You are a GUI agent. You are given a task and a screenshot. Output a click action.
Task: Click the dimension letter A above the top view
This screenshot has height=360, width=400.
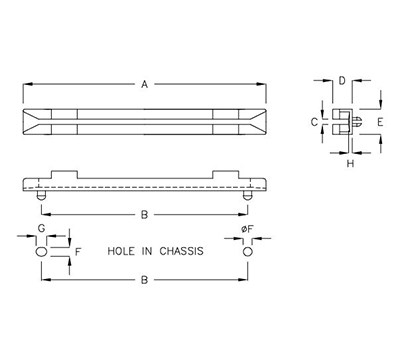coord(145,85)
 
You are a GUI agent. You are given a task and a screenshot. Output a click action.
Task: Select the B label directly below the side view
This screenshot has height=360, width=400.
coord(145,213)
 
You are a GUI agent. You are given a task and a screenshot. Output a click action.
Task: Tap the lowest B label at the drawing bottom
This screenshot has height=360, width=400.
coord(145,284)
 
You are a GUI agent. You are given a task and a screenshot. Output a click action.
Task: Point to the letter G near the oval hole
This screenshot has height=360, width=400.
coord(41,231)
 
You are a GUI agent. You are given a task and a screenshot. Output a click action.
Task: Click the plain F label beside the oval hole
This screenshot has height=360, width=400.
coord(78,253)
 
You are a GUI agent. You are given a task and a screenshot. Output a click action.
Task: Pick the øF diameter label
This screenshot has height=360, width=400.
coord(246,233)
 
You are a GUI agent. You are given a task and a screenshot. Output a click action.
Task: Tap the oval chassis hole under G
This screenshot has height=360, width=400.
coord(41,253)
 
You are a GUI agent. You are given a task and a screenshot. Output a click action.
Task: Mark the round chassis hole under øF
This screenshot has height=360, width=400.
coord(246,253)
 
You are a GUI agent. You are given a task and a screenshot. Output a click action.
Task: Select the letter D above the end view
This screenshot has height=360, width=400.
coord(341,80)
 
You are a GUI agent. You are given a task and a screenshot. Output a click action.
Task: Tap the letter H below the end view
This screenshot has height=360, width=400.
coord(350,162)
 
